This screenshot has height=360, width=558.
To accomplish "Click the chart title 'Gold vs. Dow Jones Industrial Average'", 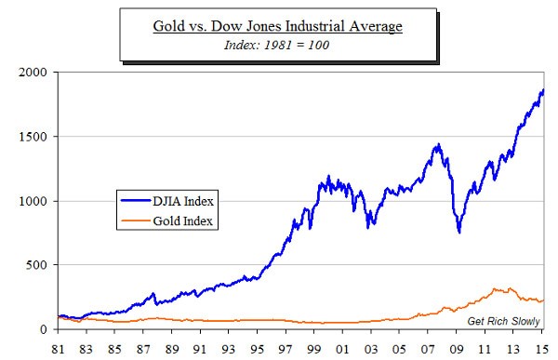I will pyautogui.click(x=276, y=26).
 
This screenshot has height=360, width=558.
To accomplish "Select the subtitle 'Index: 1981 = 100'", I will pyautogui.click(x=276, y=44).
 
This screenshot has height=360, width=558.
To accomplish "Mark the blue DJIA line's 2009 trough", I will pyautogui.click(x=458, y=232).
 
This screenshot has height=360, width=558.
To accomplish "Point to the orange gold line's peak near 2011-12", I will pyautogui.click(x=497, y=289).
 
